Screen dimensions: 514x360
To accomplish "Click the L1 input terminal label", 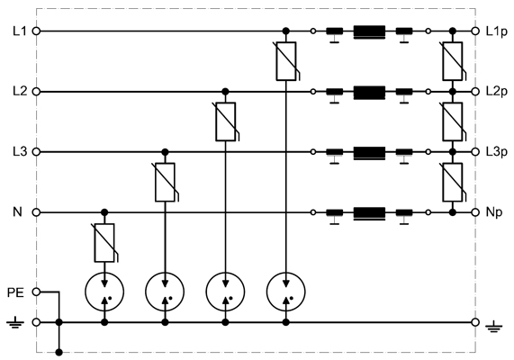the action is [x=19, y=31].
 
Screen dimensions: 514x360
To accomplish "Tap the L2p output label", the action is [x=496, y=92].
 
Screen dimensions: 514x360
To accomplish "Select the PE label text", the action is [x=15, y=292].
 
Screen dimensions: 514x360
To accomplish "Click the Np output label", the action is [x=493, y=212].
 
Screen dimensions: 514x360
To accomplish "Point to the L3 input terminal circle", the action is [x=36, y=152].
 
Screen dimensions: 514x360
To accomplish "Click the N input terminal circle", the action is [x=36, y=212].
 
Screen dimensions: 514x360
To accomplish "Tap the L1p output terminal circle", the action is [x=475, y=31].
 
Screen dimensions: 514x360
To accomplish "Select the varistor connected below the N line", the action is [x=104, y=243].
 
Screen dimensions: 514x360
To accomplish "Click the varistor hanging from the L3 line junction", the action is [x=166, y=183].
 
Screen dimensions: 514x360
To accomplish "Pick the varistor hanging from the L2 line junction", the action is [x=226, y=121].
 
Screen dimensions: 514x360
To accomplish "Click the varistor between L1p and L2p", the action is [x=453, y=61].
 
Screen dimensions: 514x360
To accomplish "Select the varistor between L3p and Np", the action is [x=453, y=183].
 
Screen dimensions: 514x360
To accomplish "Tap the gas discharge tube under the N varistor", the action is [x=104, y=292].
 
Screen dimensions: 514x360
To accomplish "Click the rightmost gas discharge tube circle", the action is [x=286, y=292].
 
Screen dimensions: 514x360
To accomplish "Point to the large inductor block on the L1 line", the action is [x=369, y=32].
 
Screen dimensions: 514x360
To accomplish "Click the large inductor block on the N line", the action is [x=369, y=213].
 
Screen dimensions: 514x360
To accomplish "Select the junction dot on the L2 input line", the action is [x=225, y=91].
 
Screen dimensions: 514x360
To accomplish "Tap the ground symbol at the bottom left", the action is [x=15, y=322].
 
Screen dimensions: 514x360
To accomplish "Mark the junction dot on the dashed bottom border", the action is [x=59, y=353].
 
